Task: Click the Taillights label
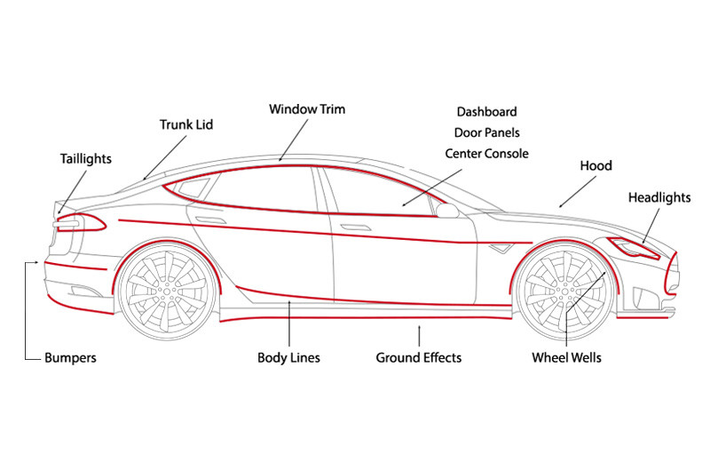pyautogui.click(x=85, y=159)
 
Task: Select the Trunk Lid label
pyautogui.click(x=186, y=124)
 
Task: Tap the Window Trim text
pyautogui.click(x=307, y=109)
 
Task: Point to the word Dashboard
pyautogui.click(x=486, y=112)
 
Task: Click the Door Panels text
pyautogui.click(x=486, y=132)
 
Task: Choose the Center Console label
pyautogui.click(x=486, y=154)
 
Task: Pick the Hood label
pyautogui.click(x=596, y=166)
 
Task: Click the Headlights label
pyautogui.click(x=659, y=197)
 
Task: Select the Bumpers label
pyautogui.click(x=70, y=357)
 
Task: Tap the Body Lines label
pyautogui.click(x=288, y=357)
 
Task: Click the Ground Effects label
pyautogui.click(x=418, y=357)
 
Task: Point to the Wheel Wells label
pyautogui.click(x=566, y=357)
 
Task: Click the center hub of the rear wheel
pyautogui.click(x=167, y=290)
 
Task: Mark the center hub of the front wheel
pyautogui.click(x=564, y=290)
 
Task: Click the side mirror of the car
pyautogui.click(x=447, y=211)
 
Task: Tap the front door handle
pyautogui.click(x=356, y=228)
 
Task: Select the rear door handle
pyautogui.click(x=210, y=220)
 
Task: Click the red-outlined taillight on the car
pyautogui.click(x=80, y=222)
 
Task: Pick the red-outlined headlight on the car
pyautogui.click(x=634, y=248)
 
